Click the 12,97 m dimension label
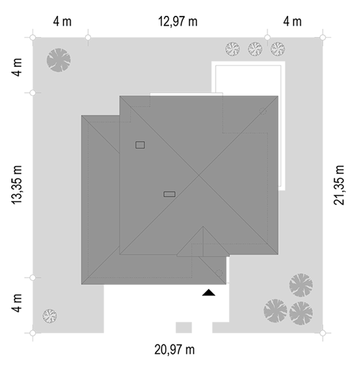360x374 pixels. [x=178, y=21]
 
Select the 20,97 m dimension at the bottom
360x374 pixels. [x=174, y=350]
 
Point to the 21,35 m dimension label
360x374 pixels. [x=339, y=185]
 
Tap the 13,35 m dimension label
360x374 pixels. [x=17, y=185]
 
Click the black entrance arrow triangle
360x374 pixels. [x=209, y=293]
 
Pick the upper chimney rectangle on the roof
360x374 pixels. [x=140, y=145]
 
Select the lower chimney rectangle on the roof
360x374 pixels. [x=170, y=194]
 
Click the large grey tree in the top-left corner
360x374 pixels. [x=59, y=60]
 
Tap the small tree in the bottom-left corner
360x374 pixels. [x=50, y=316]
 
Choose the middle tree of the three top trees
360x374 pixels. [x=255, y=49]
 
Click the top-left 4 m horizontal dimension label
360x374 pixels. [x=62, y=21]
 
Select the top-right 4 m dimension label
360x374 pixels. [x=292, y=21]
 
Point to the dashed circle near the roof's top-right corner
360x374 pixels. [x=263, y=111]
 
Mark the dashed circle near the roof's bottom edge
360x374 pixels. [x=219, y=273]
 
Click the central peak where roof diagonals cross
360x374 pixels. [x=199, y=175]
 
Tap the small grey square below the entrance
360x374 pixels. [x=184, y=328]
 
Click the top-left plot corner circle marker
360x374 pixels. [x=33, y=38]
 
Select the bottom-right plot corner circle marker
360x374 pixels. [x=322, y=333]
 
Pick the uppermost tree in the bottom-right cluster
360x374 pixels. [x=301, y=285]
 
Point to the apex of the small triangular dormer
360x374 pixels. [x=203, y=227]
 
